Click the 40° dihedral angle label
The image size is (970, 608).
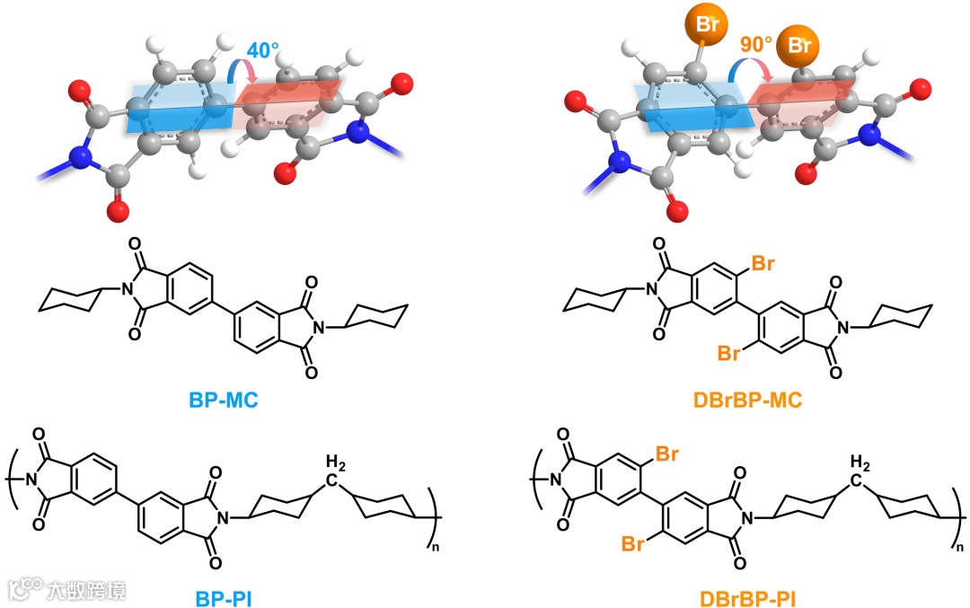[x=262, y=51]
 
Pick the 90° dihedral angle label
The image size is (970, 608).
[x=757, y=43]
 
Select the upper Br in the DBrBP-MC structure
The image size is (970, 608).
[x=763, y=264]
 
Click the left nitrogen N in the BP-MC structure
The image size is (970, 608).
[x=128, y=288]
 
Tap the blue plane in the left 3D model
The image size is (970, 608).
[x=171, y=108]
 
